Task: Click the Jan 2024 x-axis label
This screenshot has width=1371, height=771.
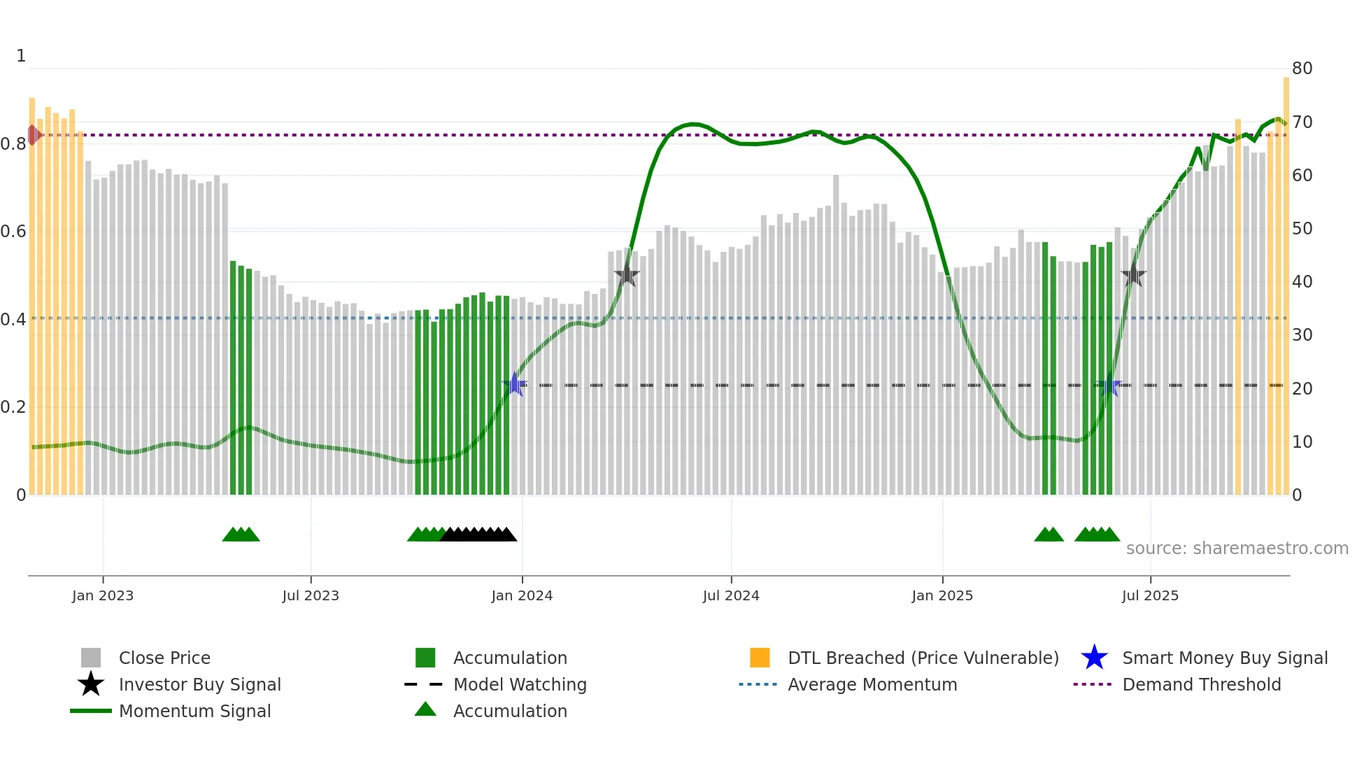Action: click(522, 595)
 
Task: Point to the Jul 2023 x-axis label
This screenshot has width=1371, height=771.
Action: click(311, 595)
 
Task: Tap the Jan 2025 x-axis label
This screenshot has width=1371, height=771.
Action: click(942, 595)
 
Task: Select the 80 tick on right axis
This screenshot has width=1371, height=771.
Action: click(1302, 69)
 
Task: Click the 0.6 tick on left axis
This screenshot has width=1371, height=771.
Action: click(13, 232)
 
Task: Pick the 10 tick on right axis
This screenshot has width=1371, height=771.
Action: click(1302, 442)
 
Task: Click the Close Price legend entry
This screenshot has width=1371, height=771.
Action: click(164, 658)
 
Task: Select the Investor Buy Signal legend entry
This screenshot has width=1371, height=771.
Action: click(199, 684)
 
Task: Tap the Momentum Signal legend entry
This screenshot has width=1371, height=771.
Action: click(194, 711)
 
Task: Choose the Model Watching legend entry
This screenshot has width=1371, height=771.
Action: click(520, 684)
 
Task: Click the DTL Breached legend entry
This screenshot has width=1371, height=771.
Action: click(923, 658)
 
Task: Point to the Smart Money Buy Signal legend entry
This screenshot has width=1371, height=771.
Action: click(1224, 658)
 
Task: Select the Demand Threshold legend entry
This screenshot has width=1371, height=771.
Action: click(1201, 684)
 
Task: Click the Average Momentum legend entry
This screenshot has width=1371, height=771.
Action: click(872, 684)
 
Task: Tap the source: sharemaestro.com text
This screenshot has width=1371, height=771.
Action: click(1237, 549)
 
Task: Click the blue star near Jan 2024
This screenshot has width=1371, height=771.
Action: click(515, 384)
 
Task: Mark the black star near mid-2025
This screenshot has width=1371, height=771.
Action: click(1133, 276)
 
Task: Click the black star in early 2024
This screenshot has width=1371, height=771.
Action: click(627, 274)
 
